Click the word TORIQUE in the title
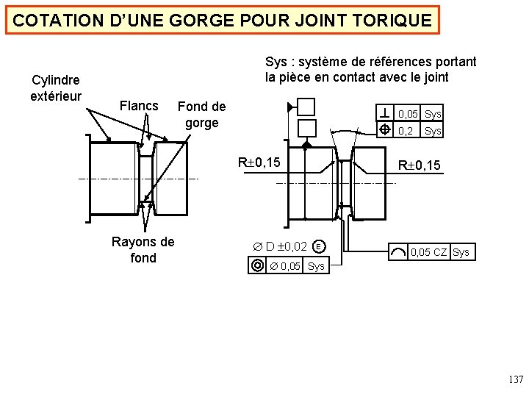(x=395, y=21)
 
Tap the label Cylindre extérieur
(x=55, y=87)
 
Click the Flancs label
(x=138, y=106)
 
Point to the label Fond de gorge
(x=201, y=115)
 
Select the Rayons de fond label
(x=143, y=249)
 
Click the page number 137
(x=516, y=380)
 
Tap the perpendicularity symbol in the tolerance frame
(x=386, y=113)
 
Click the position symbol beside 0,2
(x=386, y=130)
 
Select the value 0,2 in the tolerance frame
(x=406, y=131)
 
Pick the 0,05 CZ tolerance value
(x=428, y=252)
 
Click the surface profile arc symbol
(x=397, y=252)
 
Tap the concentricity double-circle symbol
(x=257, y=265)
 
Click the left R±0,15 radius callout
(x=258, y=162)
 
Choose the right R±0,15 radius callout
(x=419, y=165)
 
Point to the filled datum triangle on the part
(x=306, y=146)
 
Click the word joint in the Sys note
(x=433, y=77)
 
